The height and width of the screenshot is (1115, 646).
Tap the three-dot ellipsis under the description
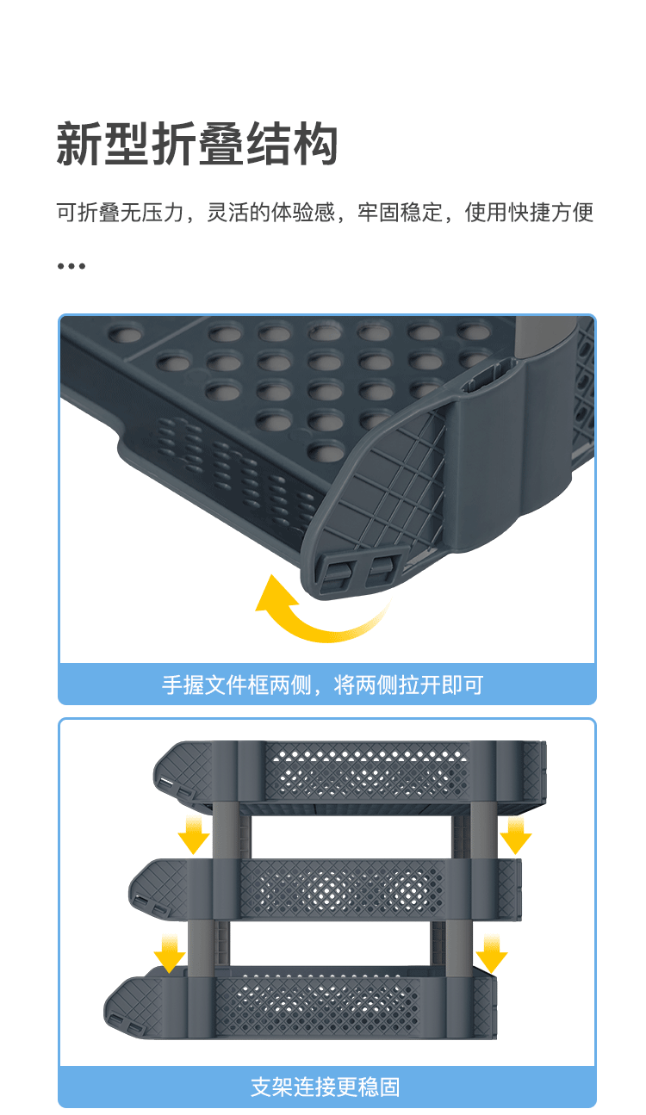pyautogui.click(x=71, y=266)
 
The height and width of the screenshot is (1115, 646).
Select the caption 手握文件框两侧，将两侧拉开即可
pyautogui.click(x=322, y=685)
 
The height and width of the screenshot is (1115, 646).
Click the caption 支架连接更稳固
pyautogui.click(x=325, y=1087)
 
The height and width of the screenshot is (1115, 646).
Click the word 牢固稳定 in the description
pyautogui.click(x=400, y=213)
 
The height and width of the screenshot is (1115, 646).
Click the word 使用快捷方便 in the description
pyautogui.click(x=529, y=213)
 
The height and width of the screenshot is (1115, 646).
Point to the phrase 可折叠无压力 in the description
pyautogui.click(x=120, y=213)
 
